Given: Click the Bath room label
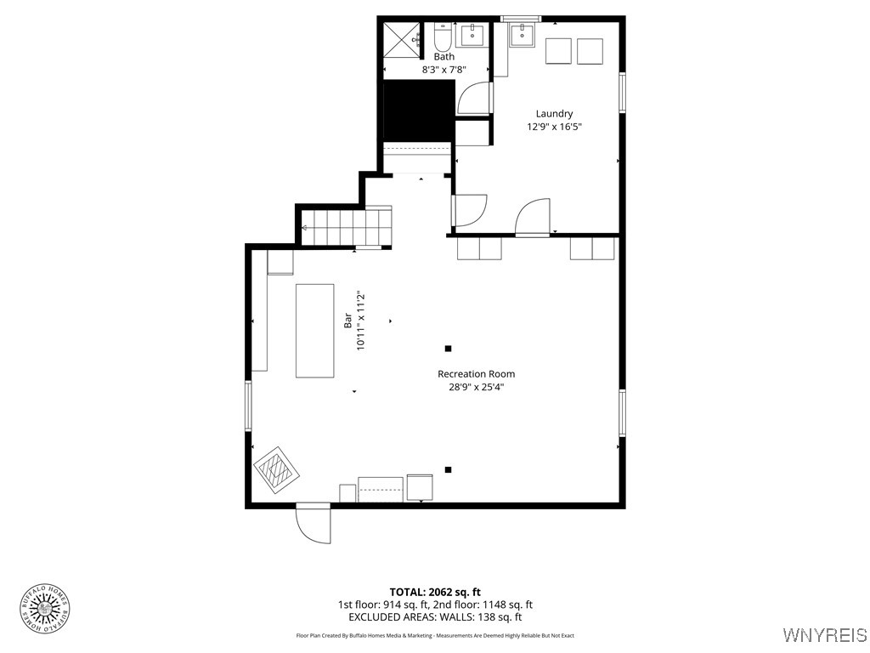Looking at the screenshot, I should pos(443,57).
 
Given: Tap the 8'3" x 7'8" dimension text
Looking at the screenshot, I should pos(443,70).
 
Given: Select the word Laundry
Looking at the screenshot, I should pos(554,114).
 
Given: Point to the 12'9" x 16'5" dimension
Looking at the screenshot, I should pos(554,127).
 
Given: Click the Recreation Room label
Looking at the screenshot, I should pos(476,374).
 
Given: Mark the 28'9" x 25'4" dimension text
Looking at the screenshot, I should pos(476,387).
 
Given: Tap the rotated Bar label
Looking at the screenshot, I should pos(347,321).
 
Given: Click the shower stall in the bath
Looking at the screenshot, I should pos(404,37).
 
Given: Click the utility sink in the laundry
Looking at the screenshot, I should pos(522,35).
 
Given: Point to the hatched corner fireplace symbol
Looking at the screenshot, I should pos(275,469).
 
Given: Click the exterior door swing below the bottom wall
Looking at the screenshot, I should pos(314,524).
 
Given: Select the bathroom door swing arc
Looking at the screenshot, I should pos(474,99).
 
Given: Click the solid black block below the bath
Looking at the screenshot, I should pos(419,110).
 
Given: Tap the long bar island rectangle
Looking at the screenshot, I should pos(315,331).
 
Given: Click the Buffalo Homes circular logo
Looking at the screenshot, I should pos(45,609).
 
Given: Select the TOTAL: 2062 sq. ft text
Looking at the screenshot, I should pos(435,592).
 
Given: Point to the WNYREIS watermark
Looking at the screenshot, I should pos(824,635).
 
